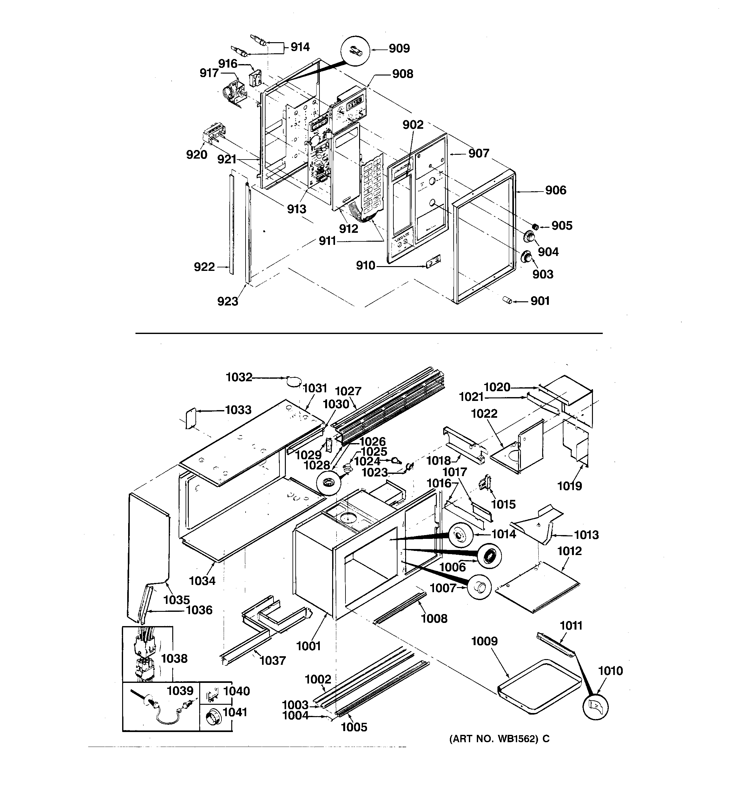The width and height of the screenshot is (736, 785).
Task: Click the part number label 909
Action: click(399, 49)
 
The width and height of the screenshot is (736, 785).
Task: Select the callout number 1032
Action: click(239, 377)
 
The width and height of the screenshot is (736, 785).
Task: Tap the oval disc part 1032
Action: click(293, 381)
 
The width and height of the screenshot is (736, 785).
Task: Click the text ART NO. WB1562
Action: click(499, 739)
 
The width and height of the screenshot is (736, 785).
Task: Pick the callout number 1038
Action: click(174, 658)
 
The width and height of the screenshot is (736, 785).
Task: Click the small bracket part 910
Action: click(433, 261)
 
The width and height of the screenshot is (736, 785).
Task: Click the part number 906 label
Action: click(555, 190)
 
